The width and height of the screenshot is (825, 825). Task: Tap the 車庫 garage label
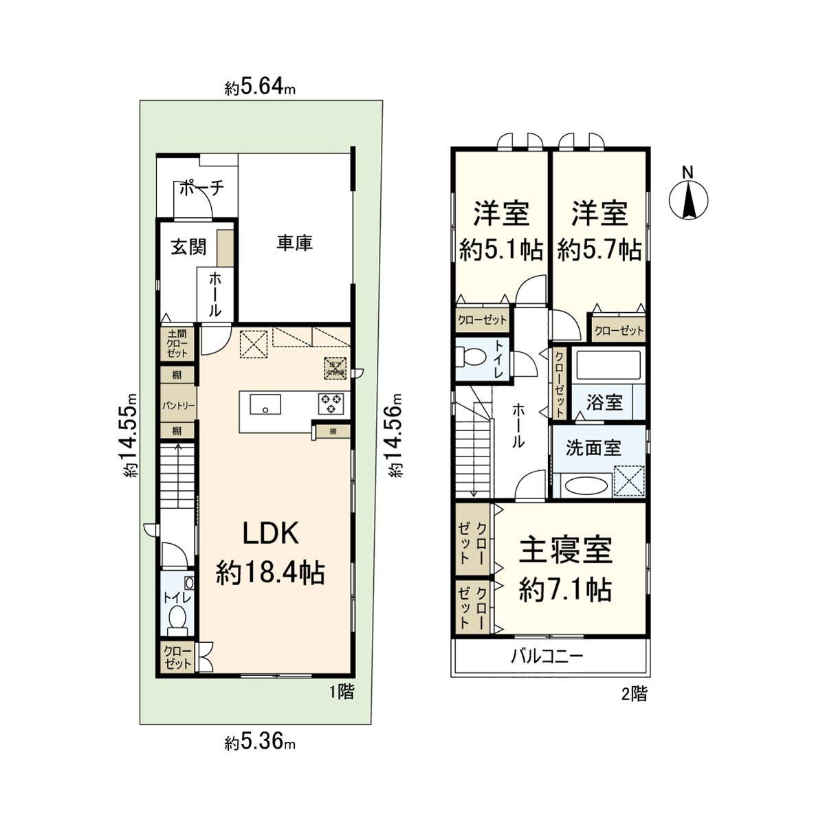click(x=295, y=243)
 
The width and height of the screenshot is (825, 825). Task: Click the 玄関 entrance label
click(x=188, y=247)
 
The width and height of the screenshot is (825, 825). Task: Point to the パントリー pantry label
click(x=179, y=406)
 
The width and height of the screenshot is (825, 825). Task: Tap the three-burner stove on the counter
click(x=332, y=403)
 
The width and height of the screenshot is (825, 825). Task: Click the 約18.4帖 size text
click(x=270, y=572)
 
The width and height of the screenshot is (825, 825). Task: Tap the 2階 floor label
click(x=634, y=694)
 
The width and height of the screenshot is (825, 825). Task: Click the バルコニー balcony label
click(x=547, y=656)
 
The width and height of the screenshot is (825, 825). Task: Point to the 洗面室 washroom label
click(x=593, y=448)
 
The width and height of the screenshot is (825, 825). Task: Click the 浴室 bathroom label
click(x=605, y=403)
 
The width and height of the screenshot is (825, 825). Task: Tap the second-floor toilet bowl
click(x=472, y=358)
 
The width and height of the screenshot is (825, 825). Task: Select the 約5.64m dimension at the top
click(x=261, y=88)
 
